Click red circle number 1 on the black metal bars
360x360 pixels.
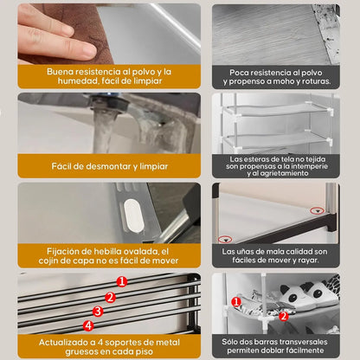point(122,281)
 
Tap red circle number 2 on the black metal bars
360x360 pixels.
point(110,297)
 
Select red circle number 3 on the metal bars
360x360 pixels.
point(98,312)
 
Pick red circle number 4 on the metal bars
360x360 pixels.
point(88,325)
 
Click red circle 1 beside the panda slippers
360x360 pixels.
point(236,302)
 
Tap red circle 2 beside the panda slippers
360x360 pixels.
point(284,316)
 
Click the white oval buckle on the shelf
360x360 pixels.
point(133,215)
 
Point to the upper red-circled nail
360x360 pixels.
point(318,210)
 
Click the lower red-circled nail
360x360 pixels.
point(225,239)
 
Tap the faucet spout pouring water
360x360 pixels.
point(107,107)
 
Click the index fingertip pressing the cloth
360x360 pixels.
point(89,51)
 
